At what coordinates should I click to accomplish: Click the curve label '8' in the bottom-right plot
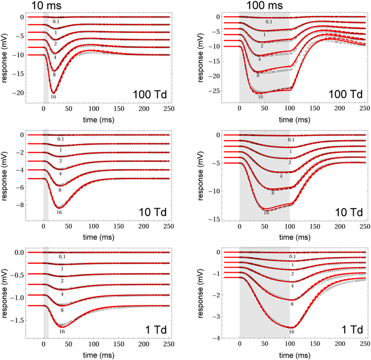point(292,304)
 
